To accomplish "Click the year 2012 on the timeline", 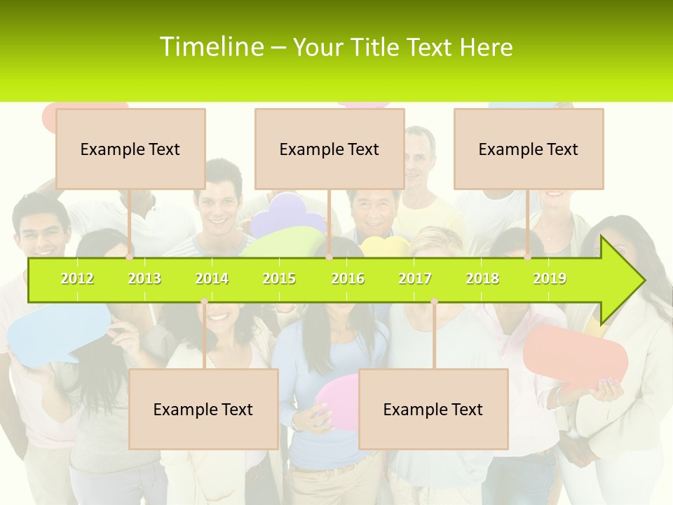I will (x=77, y=278).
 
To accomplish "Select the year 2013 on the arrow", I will (x=144, y=278).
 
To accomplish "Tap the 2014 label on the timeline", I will (x=212, y=278).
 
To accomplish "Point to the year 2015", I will (x=279, y=278).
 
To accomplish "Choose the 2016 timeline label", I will (x=348, y=278).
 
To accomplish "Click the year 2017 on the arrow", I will (x=415, y=278).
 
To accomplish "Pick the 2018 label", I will (x=482, y=278).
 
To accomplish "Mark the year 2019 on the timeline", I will (x=550, y=278).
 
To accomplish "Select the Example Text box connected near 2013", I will (x=130, y=149).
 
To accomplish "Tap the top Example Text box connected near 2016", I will (x=329, y=149).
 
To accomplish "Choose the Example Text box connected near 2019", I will (x=529, y=149).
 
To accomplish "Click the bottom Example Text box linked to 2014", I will (x=203, y=409).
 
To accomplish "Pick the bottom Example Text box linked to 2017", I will (x=433, y=409).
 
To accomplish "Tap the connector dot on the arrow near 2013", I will (x=130, y=257).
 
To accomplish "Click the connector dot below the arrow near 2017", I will (x=434, y=302).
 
